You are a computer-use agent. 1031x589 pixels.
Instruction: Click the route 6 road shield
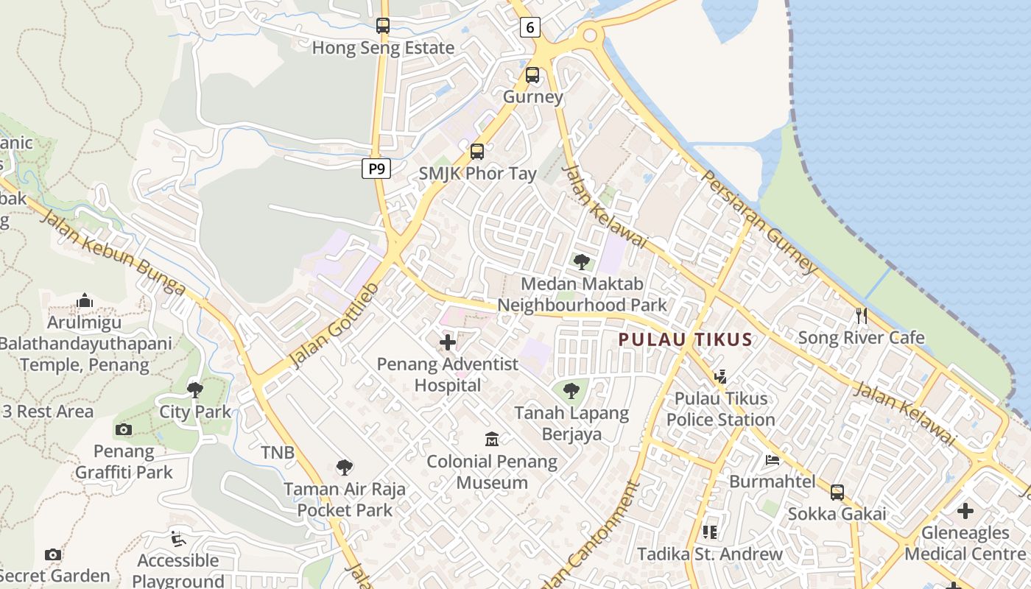click(x=529, y=28)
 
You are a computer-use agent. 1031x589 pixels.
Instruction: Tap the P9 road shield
click(x=376, y=169)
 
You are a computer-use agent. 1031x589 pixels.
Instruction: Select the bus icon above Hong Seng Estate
click(x=382, y=26)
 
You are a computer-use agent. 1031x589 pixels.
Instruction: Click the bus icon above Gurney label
click(x=532, y=74)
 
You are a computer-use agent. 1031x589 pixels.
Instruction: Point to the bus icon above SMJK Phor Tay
click(x=477, y=152)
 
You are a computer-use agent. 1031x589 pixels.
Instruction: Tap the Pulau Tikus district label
click(x=685, y=339)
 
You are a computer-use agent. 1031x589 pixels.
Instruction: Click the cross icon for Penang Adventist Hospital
click(x=448, y=342)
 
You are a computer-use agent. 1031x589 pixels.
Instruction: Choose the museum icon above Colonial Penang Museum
click(x=492, y=440)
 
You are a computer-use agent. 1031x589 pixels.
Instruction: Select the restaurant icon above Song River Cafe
click(x=862, y=316)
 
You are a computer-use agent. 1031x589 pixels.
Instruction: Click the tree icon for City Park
click(x=195, y=389)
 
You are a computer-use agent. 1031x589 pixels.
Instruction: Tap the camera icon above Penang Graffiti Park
click(x=124, y=429)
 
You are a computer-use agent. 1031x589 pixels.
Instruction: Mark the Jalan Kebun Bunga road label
click(x=111, y=251)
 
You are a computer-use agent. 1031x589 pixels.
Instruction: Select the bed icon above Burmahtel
click(x=773, y=460)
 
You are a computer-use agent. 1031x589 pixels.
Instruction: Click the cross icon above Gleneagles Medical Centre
click(x=965, y=510)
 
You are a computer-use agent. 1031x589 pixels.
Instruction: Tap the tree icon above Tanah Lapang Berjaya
click(x=571, y=391)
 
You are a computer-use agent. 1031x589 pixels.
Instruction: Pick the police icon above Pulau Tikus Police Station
click(x=720, y=377)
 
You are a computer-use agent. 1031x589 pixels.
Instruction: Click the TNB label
click(x=278, y=452)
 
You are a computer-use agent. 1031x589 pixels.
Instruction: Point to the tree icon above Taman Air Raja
click(x=344, y=467)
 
